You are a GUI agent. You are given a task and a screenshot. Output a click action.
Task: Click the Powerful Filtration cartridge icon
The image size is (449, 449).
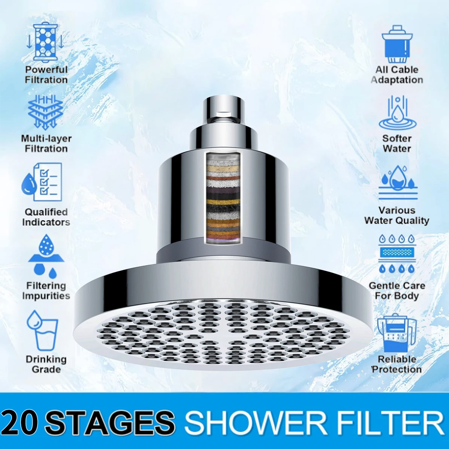45,42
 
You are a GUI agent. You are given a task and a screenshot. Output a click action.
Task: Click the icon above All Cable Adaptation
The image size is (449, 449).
397,44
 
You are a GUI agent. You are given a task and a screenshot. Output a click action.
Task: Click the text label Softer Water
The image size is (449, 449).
397,143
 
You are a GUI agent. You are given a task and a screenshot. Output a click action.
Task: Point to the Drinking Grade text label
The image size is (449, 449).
46,364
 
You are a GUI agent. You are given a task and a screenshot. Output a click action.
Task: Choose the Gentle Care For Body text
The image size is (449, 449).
397,291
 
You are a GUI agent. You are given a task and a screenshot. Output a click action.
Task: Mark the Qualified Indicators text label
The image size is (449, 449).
46,217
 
